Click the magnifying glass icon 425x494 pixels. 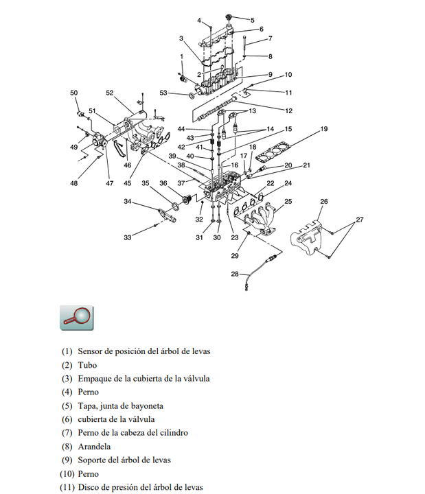point(76,316)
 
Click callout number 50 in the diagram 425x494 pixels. point(74,93)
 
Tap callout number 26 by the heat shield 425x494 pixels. point(324,202)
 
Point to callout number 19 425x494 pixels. point(324,129)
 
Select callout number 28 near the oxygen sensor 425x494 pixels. point(235,274)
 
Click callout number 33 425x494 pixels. point(127,237)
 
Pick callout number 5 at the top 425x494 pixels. point(252,20)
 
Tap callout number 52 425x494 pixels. point(110,93)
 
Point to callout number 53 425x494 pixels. point(163,93)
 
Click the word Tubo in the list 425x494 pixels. point(87,365)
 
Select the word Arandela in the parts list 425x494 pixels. point(95,446)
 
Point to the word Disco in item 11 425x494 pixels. point(89,487)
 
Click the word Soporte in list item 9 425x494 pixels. point(94,460)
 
